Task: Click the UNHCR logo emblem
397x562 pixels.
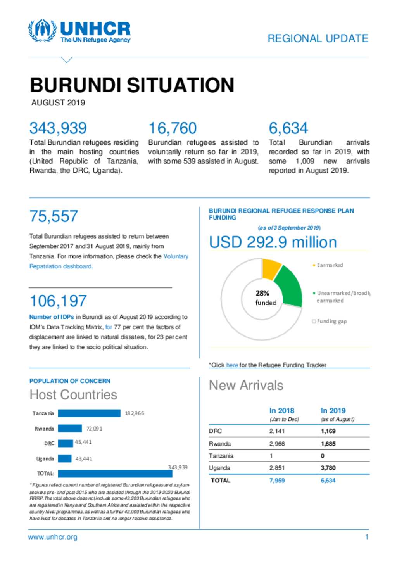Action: tap(42, 31)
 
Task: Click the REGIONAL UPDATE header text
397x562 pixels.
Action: tap(318, 38)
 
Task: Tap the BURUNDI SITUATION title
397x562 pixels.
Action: tap(132, 85)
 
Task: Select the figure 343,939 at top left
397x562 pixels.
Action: tap(58, 128)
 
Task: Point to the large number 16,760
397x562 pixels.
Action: tap(173, 128)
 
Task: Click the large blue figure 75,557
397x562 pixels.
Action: tap(54, 216)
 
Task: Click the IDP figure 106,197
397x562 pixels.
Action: tap(58, 301)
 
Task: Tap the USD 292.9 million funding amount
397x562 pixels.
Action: tap(273, 242)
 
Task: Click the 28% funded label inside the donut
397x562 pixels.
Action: tap(265, 298)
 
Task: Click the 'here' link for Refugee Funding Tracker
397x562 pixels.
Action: tap(232, 365)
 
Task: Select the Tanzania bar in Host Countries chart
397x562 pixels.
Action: tap(89, 413)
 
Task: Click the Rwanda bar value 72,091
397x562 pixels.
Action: tap(94, 429)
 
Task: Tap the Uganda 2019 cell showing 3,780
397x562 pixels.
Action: tap(328, 468)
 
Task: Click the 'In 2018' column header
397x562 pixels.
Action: tap(281, 411)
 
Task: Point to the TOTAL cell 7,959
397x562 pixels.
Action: tap(277, 480)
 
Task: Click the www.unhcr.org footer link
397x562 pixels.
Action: tap(53, 537)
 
